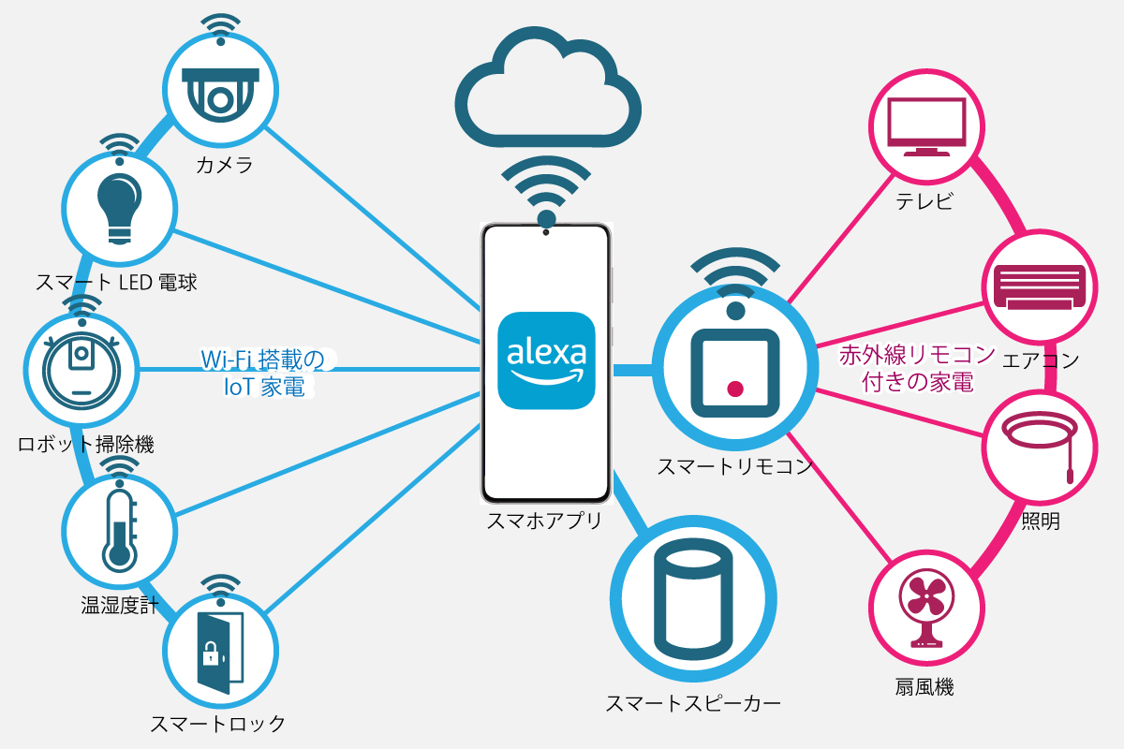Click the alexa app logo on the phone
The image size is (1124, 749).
click(x=546, y=360)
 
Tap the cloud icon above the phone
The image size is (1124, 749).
click(x=549, y=89)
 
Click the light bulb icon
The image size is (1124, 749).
click(x=119, y=205)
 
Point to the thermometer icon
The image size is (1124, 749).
click(x=119, y=527)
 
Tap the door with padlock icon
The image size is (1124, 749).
click(x=220, y=653)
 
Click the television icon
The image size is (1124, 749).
click(x=927, y=126)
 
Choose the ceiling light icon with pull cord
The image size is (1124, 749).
click(x=1040, y=443)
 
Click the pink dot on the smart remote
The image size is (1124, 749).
click(x=736, y=389)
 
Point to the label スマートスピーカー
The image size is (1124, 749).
click(x=692, y=703)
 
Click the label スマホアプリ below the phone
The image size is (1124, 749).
click(x=544, y=522)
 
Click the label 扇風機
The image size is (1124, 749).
click(x=924, y=687)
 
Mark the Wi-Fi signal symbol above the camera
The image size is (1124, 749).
click(x=221, y=28)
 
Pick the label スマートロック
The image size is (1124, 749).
click(x=218, y=724)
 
